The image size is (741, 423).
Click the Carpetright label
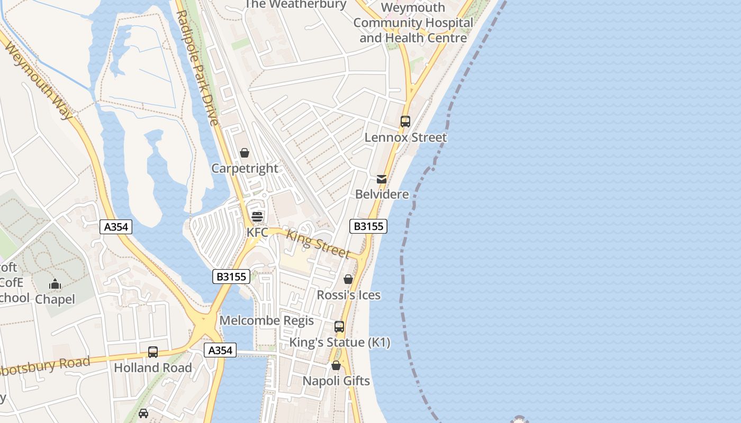(x=245, y=168)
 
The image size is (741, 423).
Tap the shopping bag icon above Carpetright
(x=245, y=153)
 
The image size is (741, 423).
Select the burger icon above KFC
(x=257, y=216)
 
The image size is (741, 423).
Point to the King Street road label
(x=318, y=243)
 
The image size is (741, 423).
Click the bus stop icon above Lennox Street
(x=405, y=122)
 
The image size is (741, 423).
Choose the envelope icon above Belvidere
(x=382, y=179)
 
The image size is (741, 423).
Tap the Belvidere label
(x=382, y=194)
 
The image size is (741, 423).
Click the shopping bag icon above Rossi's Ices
(x=348, y=279)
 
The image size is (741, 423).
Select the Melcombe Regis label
(x=267, y=320)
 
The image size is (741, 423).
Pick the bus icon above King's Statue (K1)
(x=339, y=327)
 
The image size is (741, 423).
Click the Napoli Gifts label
(x=336, y=381)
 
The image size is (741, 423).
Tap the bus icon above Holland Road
(x=153, y=352)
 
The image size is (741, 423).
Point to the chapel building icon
(x=55, y=284)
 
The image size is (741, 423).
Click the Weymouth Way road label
(x=38, y=79)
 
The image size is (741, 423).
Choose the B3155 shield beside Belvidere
(x=368, y=226)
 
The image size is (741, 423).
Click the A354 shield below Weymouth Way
(x=116, y=227)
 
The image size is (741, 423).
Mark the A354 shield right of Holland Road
(x=220, y=350)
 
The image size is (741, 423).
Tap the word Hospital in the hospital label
(x=448, y=23)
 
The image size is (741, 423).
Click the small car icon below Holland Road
(x=143, y=413)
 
